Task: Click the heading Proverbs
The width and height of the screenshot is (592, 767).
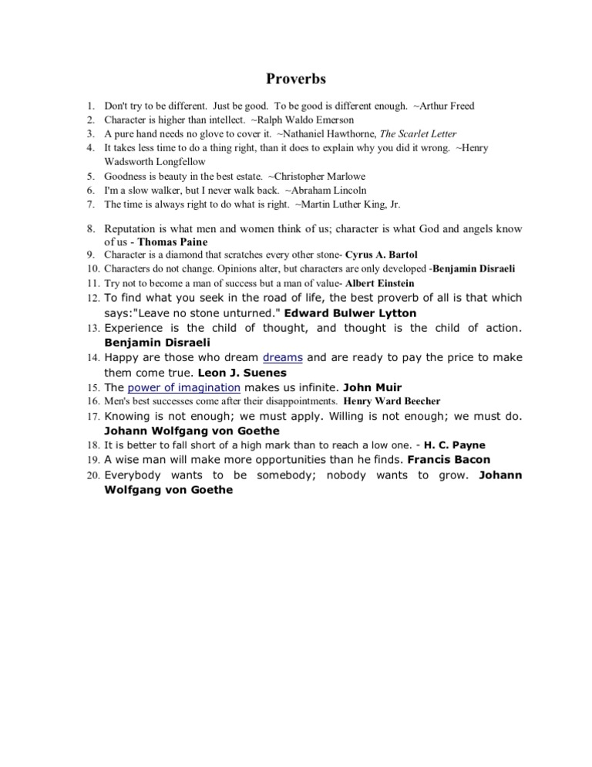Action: pos(296,79)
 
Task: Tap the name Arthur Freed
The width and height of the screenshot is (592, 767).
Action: pos(447,106)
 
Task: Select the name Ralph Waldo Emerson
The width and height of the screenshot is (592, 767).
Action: pos(312,120)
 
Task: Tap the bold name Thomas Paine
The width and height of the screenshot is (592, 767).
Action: pos(170,242)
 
